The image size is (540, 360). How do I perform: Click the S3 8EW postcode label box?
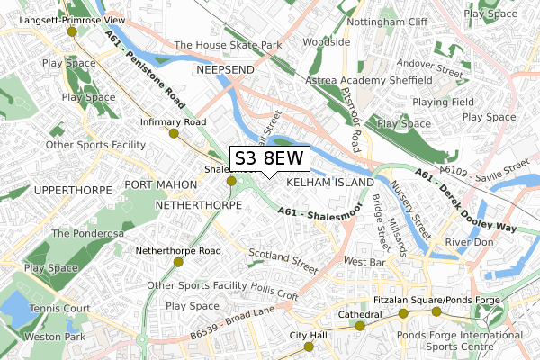(x=270, y=159)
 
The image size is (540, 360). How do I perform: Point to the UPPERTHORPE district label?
(x=69, y=191)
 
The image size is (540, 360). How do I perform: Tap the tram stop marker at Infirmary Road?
(x=173, y=133)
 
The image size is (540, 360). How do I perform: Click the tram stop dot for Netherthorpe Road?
(x=178, y=262)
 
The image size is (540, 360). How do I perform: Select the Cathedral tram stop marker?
(x=361, y=326)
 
